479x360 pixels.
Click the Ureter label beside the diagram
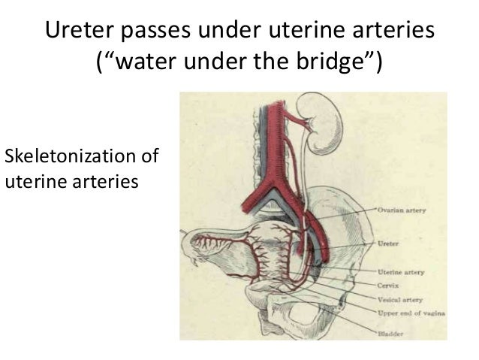pos(390,244)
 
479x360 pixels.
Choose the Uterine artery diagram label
pos(399,273)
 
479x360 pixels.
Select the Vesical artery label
pos(398,298)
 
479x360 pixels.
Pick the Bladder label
pos(390,332)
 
